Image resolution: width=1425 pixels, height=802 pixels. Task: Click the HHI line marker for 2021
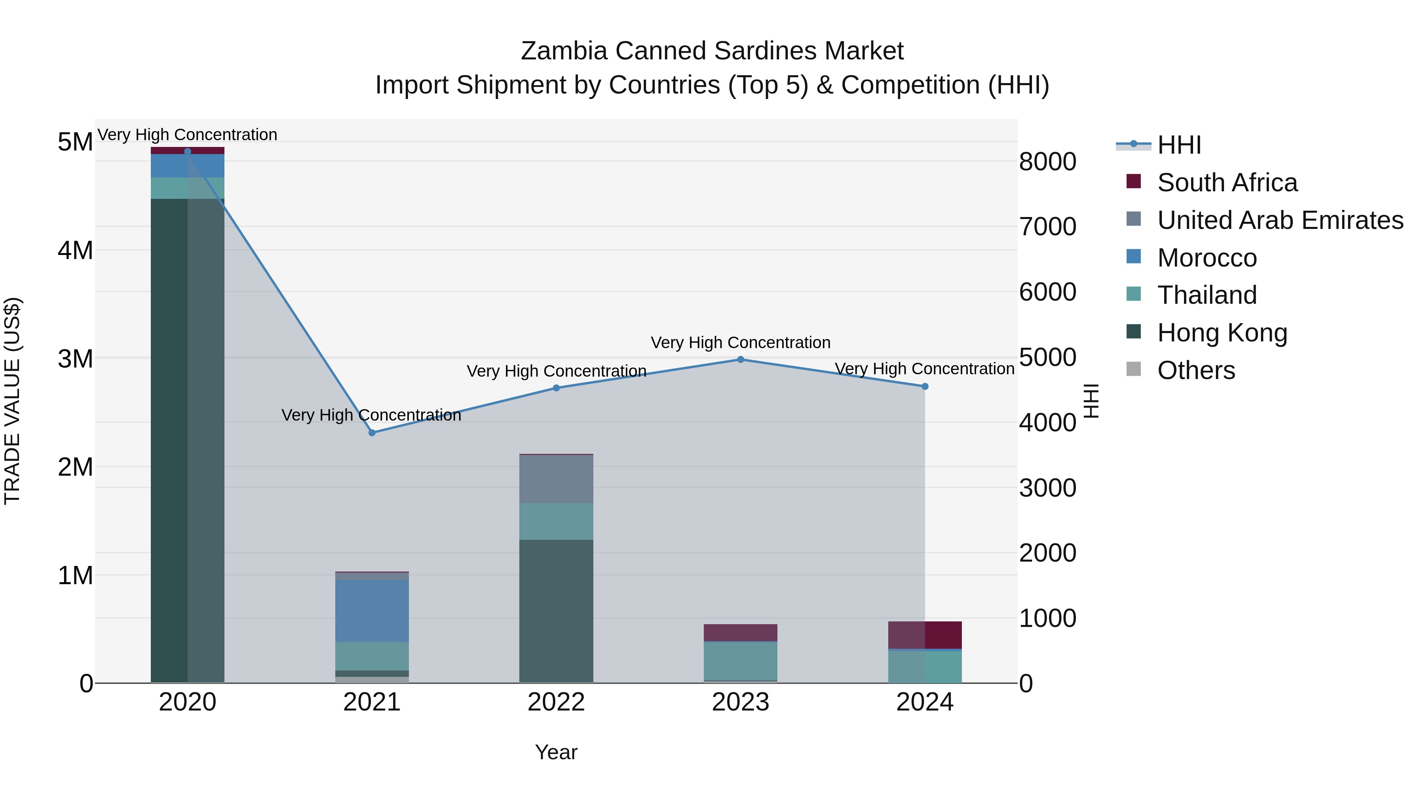point(372,433)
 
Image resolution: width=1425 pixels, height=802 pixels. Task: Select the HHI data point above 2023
point(741,360)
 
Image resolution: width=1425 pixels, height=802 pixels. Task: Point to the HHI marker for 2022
point(557,388)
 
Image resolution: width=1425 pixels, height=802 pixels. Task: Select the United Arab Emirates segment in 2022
point(557,479)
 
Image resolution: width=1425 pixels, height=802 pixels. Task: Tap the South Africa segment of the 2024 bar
point(925,635)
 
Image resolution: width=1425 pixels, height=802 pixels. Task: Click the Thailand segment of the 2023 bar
point(741,661)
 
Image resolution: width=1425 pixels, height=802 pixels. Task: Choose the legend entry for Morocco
point(1207,258)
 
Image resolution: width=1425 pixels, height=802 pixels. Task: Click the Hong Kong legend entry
point(1222,333)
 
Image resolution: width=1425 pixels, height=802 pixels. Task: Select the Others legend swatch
point(1134,369)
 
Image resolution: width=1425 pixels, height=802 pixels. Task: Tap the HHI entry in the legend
point(1178,145)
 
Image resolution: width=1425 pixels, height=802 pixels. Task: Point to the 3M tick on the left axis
point(75,359)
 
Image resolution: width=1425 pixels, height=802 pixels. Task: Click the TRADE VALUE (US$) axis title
point(12,401)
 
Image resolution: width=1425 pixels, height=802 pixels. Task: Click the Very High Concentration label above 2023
point(741,343)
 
